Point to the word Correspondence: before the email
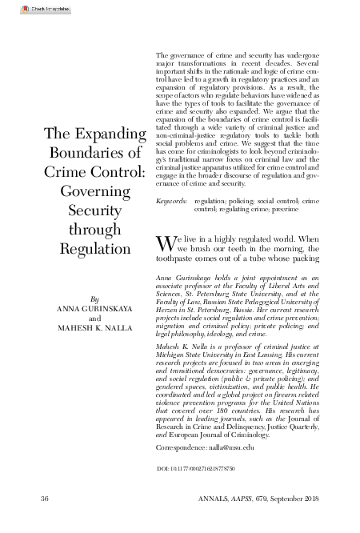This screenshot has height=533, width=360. tap(181, 449)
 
